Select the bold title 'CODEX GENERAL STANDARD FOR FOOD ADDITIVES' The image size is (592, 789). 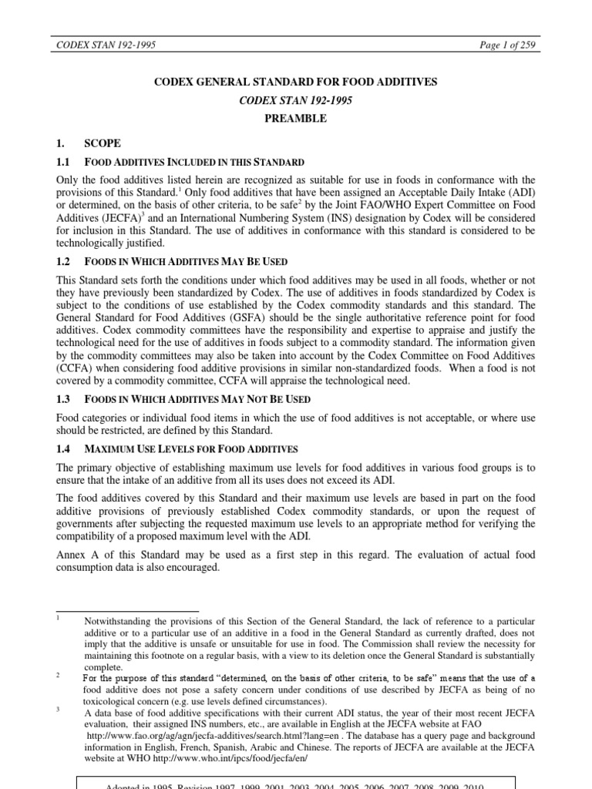(296, 82)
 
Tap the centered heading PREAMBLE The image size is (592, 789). (296, 119)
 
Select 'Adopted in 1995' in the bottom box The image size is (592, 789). (148, 784)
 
